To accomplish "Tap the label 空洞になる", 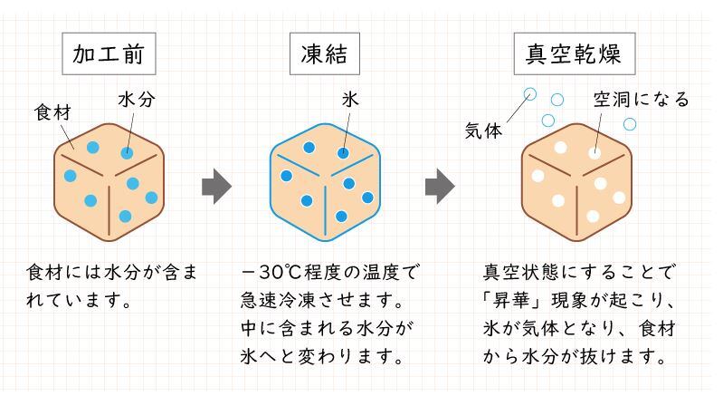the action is [640, 99].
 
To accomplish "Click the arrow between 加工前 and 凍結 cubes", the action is [216, 187].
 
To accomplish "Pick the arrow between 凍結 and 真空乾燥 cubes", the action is [440, 187].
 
